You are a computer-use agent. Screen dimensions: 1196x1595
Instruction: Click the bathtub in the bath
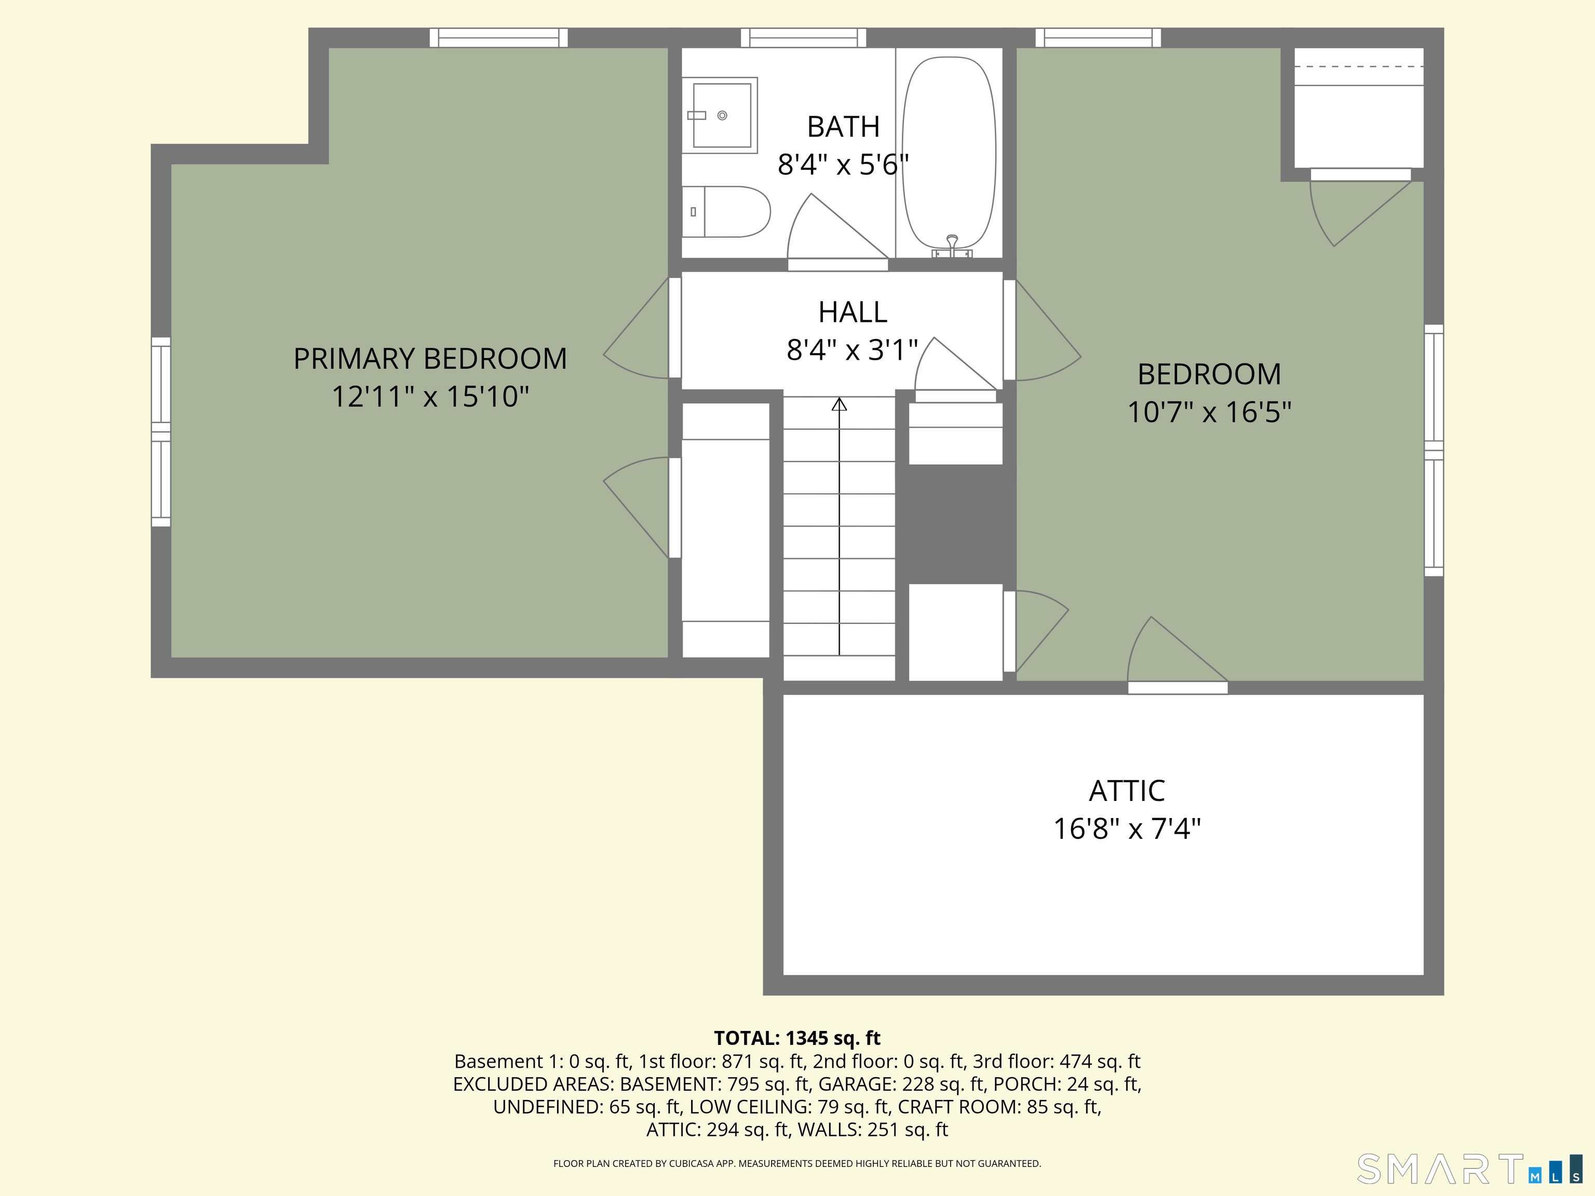pyautogui.click(x=949, y=153)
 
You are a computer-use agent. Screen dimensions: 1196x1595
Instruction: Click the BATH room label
pyautogui.click(x=843, y=127)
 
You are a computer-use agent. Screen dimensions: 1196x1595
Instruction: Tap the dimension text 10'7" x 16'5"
pyautogui.click(x=1209, y=412)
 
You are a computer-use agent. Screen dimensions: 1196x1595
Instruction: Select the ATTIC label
pyautogui.click(x=1126, y=791)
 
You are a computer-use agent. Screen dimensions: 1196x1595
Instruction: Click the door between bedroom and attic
pyautogui.click(x=1178, y=688)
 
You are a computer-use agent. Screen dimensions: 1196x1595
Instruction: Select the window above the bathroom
pyautogui.click(x=803, y=37)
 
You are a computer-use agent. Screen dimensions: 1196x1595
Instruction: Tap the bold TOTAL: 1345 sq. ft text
pyautogui.click(x=797, y=1038)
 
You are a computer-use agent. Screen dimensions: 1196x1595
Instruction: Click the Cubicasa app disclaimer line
pyautogui.click(x=797, y=1164)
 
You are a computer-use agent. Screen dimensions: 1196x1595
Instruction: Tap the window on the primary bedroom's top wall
pyautogui.click(x=498, y=37)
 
